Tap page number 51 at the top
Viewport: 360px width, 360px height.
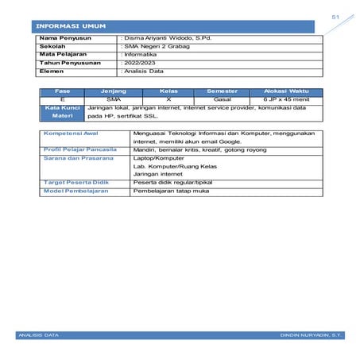pos(335,16)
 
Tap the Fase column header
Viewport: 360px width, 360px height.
pos(63,92)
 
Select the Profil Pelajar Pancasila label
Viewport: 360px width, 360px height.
pos(79,149)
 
